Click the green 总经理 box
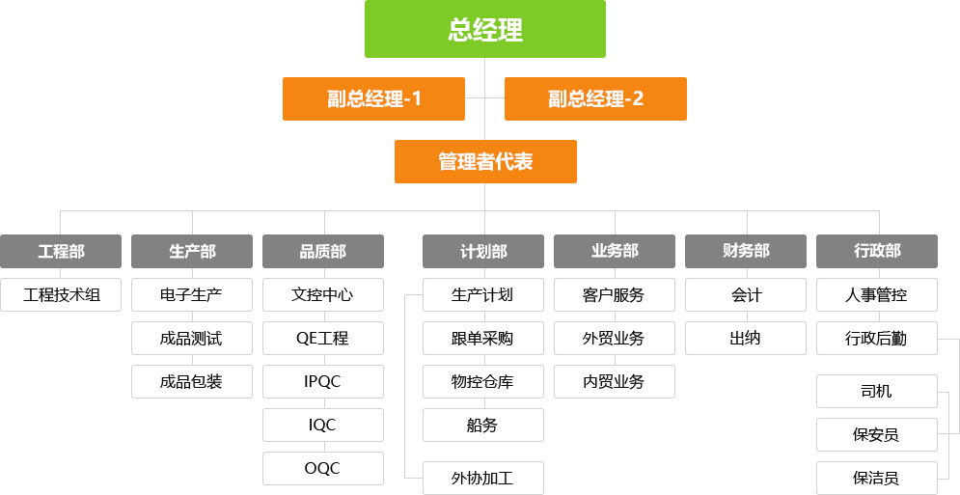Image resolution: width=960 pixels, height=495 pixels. tap(484, 29)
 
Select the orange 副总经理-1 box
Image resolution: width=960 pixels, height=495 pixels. tap(372, 98)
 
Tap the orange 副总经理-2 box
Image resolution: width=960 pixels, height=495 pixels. tap(595, 98)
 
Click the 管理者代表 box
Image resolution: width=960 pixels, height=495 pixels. tap(484, 161)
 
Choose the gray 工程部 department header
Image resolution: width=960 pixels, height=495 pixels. tap(61, 251)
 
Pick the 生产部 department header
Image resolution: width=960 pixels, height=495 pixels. tap(192, 251)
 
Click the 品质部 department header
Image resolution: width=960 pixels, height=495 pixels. tap(322, 251)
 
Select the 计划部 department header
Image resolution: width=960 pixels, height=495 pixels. tap(482, 251)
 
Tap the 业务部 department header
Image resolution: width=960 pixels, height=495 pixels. tap(615, 251)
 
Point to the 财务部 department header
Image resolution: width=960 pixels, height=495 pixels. tap(746, 251)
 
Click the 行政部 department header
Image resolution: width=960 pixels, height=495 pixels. tap(877, 251)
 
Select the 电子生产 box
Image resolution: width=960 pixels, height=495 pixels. tap(191, 294)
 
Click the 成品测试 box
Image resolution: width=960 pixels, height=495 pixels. tap(191, 338)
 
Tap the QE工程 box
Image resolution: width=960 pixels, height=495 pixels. tap(322, 338)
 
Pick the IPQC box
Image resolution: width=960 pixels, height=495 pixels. tap(322, 381)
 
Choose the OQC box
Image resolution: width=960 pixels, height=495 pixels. tap(322, 468)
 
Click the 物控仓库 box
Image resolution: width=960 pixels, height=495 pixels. tap(482, 381)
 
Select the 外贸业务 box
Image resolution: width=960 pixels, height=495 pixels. tap(614, 338)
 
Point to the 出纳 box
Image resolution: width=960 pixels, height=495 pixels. tap(745, 338)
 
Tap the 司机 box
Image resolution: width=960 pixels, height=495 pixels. tap(876, 391)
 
